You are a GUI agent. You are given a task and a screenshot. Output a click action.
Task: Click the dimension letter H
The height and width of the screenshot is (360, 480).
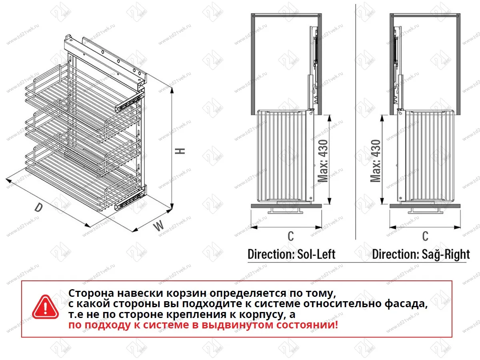pos(181,151)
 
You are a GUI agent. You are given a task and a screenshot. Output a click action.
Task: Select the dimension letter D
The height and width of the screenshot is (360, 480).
pos(39,208)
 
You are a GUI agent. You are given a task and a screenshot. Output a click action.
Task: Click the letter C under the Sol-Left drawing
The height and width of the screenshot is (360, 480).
pos(290,236)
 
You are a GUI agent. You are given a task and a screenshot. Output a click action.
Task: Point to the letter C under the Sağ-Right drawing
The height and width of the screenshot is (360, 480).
pos(425,236)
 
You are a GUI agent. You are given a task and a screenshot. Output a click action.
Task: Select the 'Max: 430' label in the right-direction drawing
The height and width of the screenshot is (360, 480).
pos(376,160)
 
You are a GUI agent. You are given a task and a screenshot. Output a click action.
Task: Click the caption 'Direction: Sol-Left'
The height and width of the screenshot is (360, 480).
pos(291,254)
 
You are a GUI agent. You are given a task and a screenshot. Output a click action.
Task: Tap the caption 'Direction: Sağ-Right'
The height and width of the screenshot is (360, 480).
pos(421,254)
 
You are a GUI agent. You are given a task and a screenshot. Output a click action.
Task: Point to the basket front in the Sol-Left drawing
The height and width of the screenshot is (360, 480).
pos(282,156)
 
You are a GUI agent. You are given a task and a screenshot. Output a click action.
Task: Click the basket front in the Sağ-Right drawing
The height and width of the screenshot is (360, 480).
pos(430,156)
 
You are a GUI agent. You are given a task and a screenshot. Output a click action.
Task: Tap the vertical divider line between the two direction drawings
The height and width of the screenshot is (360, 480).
pos(356,120)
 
